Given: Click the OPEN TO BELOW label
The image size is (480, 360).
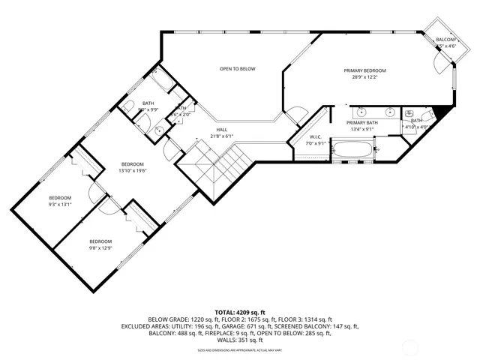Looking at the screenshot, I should pos(237,69).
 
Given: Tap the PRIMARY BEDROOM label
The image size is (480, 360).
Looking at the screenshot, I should pos(365,71).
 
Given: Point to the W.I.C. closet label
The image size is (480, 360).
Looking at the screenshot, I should pos(316,137).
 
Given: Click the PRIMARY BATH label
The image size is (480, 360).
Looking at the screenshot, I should pos(365,121).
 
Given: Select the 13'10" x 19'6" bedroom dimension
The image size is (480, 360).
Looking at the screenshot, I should pos(132,170).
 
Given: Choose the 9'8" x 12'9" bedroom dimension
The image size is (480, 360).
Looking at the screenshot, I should pos(100,247).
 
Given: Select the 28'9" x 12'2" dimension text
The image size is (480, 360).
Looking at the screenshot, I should pos(365,77).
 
